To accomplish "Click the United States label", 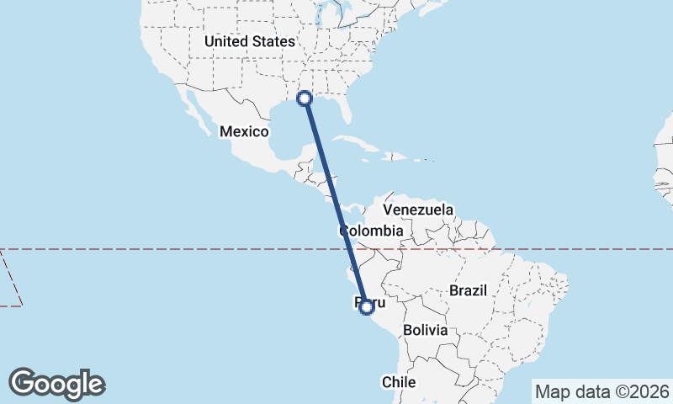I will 250,41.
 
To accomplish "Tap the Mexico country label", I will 244,132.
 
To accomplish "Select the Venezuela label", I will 418,210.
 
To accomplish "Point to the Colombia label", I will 371,231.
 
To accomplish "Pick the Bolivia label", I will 425,331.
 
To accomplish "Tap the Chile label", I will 399,381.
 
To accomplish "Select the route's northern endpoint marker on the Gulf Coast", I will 305,99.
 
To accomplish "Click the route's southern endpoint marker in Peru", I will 366,307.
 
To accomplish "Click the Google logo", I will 56,384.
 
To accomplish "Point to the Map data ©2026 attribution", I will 601,391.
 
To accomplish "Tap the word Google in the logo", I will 56,384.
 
